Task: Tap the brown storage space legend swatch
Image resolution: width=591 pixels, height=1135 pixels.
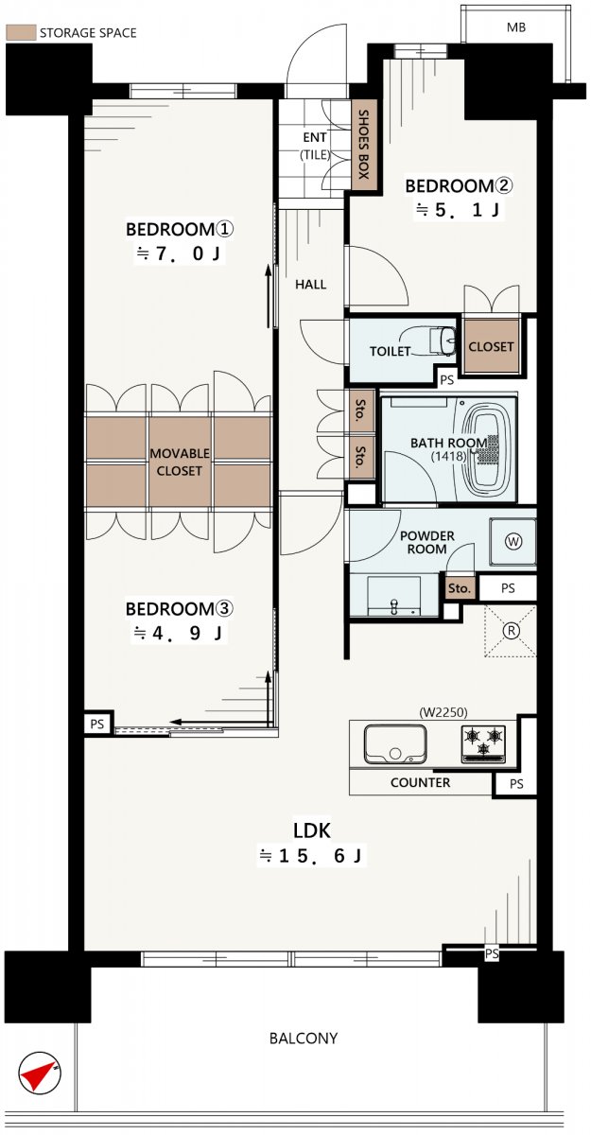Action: [21, 32]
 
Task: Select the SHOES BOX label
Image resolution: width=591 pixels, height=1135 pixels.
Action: [364, 145]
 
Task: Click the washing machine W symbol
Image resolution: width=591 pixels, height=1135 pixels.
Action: [513, 542]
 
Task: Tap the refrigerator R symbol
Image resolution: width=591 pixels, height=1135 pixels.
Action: [511, 631]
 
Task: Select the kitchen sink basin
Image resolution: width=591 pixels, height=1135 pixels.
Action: [395, 743]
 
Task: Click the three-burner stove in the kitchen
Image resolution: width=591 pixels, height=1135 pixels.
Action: [483, 743]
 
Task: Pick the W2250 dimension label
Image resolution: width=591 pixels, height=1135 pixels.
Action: [443, 712]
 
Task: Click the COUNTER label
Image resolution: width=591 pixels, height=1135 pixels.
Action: [421, 783]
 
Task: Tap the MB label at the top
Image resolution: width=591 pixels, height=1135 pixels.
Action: [516, 27]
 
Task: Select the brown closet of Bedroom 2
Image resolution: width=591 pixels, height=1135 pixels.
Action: [491, 346]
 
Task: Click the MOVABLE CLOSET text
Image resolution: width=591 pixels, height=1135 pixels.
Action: [180, 462]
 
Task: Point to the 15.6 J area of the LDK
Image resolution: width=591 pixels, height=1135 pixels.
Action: [310, 856]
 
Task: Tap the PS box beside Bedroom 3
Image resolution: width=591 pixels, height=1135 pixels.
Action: [97, 724]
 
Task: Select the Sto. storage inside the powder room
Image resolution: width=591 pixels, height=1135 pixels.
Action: [460, 588]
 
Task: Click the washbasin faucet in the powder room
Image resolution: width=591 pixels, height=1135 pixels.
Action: [393, 607]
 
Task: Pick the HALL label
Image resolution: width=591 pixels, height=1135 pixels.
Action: [311, 285]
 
